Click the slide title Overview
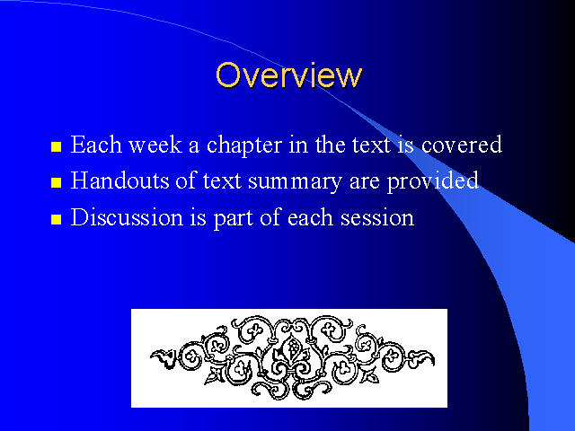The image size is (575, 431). point(289,75)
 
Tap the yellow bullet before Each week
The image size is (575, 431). point(56,146)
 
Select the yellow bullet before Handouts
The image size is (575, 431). point(56,182)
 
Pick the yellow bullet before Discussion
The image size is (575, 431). point(56,219)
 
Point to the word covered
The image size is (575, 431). point(461,145)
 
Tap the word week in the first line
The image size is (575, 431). point(155,145)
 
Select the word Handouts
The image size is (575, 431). point(119,180)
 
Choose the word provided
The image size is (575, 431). point(433,181)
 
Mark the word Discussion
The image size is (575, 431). point(127,217)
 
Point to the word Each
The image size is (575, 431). point(96,145)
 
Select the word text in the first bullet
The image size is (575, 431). point(371,145)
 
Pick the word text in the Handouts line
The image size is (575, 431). point(222,181)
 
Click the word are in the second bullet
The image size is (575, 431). point(365,183)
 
